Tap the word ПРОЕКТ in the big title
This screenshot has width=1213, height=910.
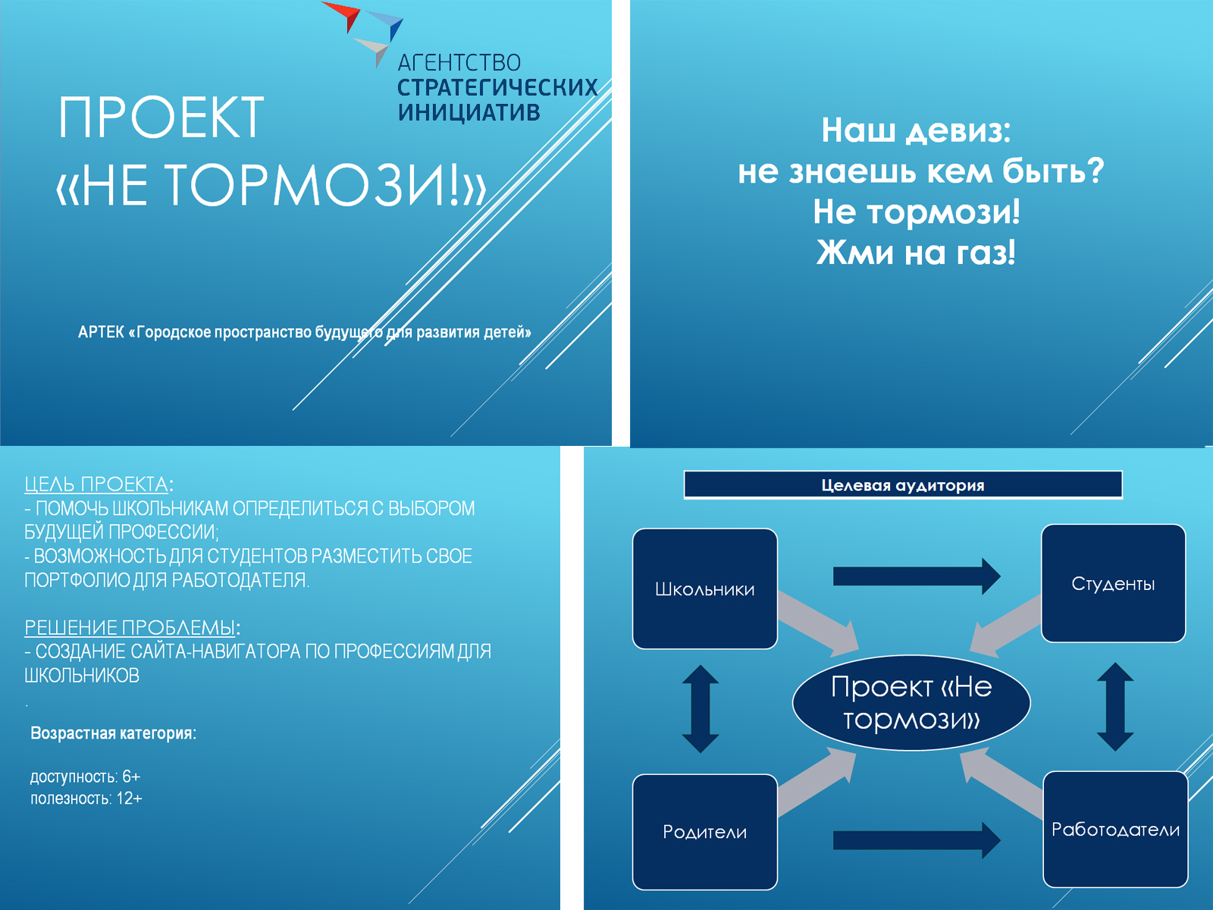click(161, 117)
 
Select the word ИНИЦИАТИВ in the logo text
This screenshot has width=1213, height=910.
click(469, 112)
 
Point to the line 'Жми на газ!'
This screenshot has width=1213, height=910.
click(916, 253)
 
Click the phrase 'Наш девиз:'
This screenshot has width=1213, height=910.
click(916, 131)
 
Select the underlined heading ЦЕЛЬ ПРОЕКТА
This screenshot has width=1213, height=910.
click(96, 484)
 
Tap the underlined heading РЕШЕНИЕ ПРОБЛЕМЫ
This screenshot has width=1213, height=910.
click(130, 628)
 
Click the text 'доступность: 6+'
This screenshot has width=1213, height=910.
click(85, 777)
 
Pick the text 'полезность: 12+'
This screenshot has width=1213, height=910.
click(86, 799)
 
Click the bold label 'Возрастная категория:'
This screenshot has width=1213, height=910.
click(113, 733)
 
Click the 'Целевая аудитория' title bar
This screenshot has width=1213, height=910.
click(903, 485)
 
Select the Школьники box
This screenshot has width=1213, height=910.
click(704, 588)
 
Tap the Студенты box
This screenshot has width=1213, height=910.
click(1113, 583)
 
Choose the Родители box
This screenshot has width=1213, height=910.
click(704, 832)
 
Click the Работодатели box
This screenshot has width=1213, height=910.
click(1115, 830)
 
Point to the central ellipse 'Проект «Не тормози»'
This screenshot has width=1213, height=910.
click(911, 703)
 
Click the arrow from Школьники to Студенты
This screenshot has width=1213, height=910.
click(917, 576)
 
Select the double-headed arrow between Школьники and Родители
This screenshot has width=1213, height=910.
click(701, 709)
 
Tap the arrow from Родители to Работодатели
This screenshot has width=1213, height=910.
click(917, 839)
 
